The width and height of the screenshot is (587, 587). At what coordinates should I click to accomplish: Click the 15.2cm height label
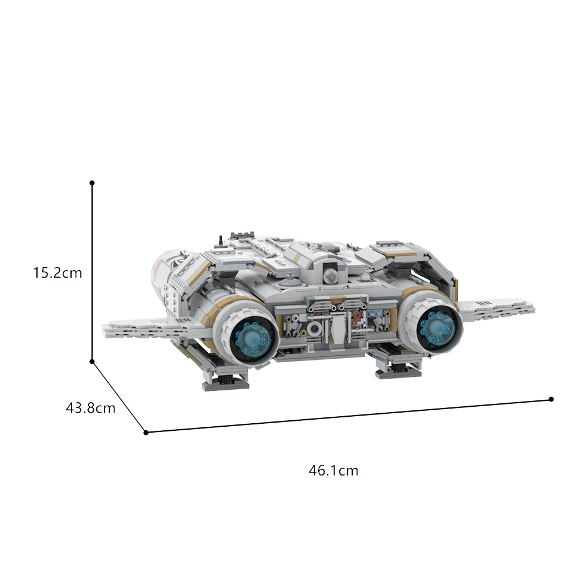coord(58,272)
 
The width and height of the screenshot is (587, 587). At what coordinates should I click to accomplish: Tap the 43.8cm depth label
coord(90,407)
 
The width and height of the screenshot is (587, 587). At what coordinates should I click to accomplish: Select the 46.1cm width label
coord(333,470)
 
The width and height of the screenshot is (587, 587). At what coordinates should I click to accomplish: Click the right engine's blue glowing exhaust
coord(437,327)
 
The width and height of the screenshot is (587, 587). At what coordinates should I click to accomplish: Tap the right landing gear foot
coord(399,371)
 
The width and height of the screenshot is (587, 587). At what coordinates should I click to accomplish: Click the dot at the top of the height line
coord(92,183)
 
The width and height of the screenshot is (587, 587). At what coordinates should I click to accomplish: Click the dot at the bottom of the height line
coord(92,362)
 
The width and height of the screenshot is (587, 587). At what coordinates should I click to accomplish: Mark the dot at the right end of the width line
coord(551,399)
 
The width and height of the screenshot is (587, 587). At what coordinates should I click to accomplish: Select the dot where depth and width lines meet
coord(146,433)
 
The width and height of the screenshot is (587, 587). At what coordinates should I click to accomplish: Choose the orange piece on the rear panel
coord(356,316)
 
